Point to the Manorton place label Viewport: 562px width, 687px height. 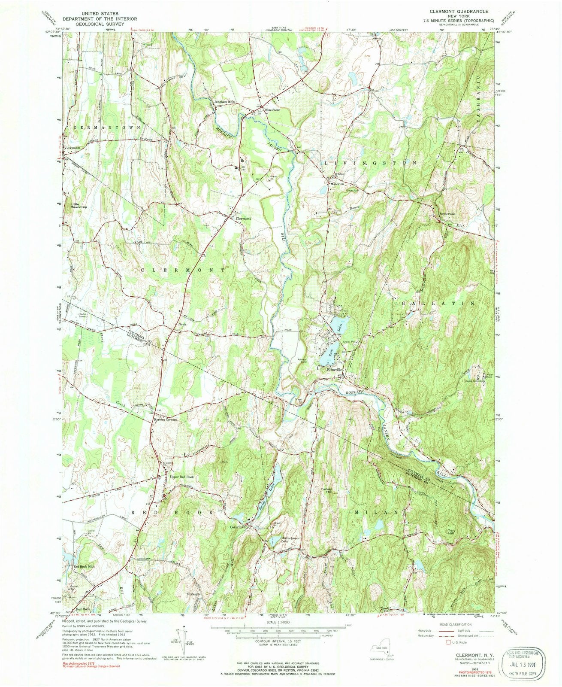[337, 184]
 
